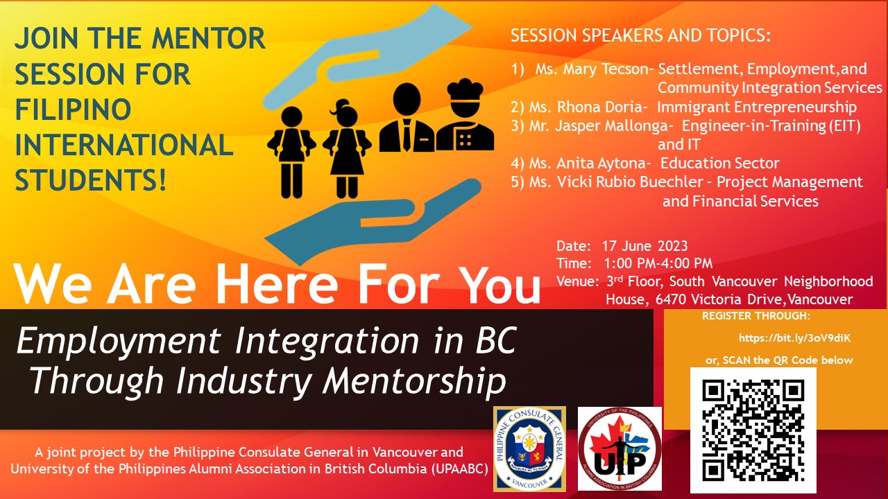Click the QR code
coord(753,430)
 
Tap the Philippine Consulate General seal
coord(529,448)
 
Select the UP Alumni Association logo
coord(620,448)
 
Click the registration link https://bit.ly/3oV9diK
coord(794,338)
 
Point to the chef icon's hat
coord(465,89)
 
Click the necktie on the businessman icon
coord(407,134)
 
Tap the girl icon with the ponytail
coord(347,148)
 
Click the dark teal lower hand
coord(373,222)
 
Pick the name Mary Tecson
coord(606,69)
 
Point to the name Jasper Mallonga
coord(612,125)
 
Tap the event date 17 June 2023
coord(644,246)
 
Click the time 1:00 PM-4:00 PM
coord(658,263)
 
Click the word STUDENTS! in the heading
coord(90,180)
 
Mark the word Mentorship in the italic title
coord(414,380)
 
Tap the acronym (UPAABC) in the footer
coord(459,469)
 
